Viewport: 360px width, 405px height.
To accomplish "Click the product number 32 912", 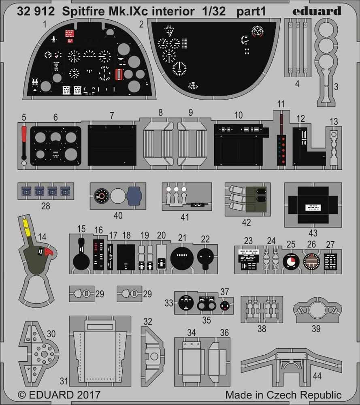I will click(x=36, y=12).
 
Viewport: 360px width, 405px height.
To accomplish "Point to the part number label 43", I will click(x=313, y=233).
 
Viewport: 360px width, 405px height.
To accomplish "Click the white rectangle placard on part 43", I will click(x=313, y=208).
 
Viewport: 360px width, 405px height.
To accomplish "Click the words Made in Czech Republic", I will click(x=283, y=394).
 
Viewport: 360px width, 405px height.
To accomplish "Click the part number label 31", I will click(x=64, y=382).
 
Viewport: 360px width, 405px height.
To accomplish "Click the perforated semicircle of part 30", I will click(x=42, y=353).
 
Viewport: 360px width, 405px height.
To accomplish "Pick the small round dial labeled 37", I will click(x=224, y=305).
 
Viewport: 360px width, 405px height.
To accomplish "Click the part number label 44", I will click(x=317, y=376).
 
